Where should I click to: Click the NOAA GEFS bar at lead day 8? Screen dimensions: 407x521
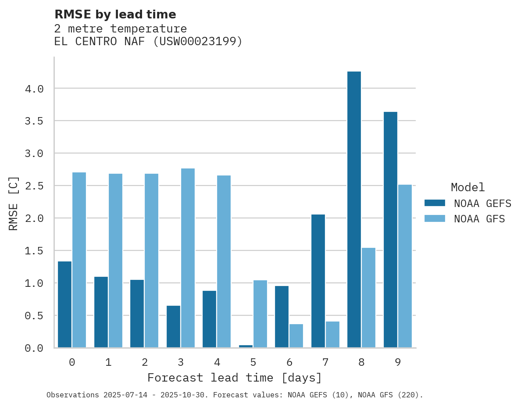tap(354, 210)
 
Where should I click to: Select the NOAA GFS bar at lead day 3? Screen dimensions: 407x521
tap(188, 258)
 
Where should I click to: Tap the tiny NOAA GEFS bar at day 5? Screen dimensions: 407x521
tap(246, 346)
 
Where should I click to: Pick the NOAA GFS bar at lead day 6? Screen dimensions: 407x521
tap(296, 336)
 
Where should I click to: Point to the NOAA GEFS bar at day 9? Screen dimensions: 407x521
tap(390, 230)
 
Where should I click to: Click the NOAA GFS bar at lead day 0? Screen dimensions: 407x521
tap(79, 260)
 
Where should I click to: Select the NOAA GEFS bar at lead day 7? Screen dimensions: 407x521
tap(318, 281)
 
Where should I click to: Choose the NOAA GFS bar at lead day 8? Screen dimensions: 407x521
tap(368, 297)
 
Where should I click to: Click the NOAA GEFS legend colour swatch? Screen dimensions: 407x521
tap(435, 203)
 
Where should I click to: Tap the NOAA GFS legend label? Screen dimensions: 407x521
tap(479, 219)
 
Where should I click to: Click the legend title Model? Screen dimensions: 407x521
tap(467, 187)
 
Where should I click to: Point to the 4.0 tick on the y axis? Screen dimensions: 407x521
tap(34, 89)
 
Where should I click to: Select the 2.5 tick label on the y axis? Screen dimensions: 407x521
tap(34, 186)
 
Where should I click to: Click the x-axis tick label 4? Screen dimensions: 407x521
tap(217, 362)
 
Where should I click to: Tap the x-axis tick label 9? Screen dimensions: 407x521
tap(397, 362)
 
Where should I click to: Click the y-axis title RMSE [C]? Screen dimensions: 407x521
tap(14, 203)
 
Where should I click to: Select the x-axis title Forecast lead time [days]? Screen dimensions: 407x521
tap(235, 378)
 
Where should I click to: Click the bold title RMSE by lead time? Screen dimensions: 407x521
tap(115, 14)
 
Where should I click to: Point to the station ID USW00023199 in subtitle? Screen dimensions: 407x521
tap(197, 42)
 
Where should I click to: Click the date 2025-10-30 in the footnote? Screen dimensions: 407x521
tap(186, 395)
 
